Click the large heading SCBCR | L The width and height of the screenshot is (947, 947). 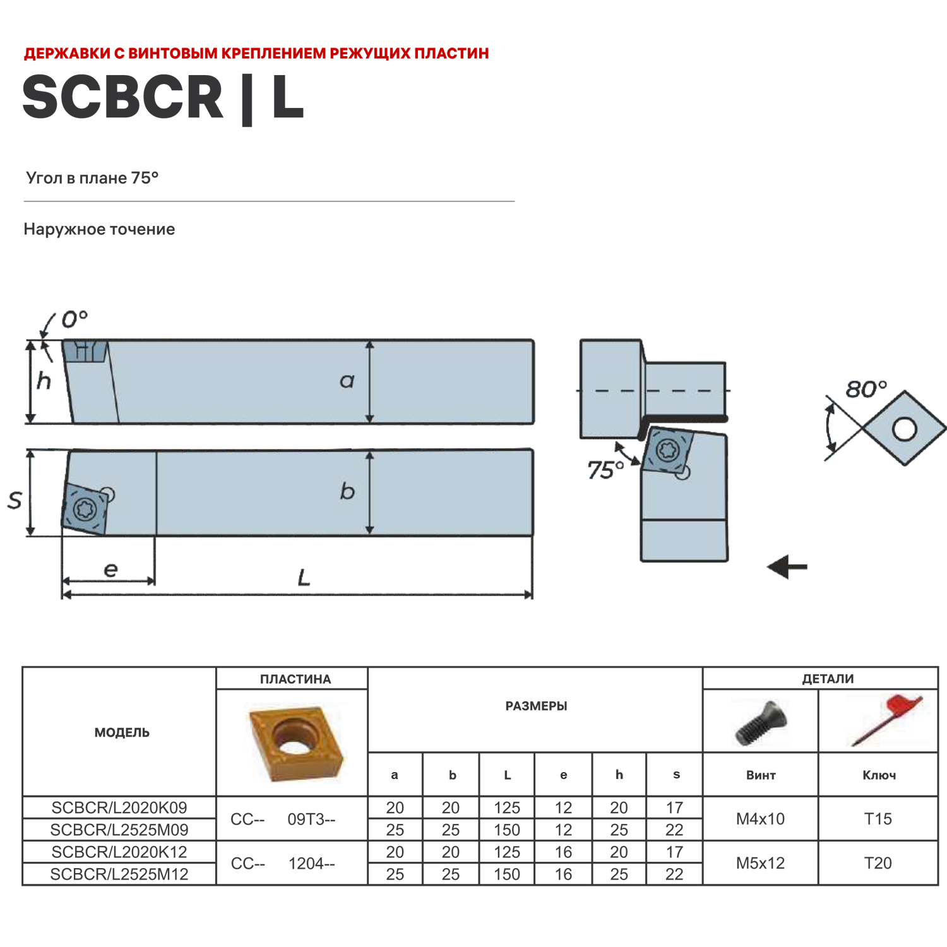coord(163,97)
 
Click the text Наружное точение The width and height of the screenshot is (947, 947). coord(99,229)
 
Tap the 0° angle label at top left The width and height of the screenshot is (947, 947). coord(74,319)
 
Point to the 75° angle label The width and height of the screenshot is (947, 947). coord(605,470)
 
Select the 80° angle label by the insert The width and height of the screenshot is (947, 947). coord(866,389)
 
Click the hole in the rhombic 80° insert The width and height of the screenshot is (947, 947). coord(904,429)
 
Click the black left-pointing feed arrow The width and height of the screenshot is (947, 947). coord(787,566)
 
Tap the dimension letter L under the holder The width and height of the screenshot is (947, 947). coord(304,578)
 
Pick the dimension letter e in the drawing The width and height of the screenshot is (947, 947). coord(110,570)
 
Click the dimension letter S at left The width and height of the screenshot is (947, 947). coord(15,500)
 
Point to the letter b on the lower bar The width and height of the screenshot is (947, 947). coord(347,491)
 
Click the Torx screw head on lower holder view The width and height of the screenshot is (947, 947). coord(85,509)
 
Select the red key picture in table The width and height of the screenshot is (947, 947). coord(884,720)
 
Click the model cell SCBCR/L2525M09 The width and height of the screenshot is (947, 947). coord(119,830)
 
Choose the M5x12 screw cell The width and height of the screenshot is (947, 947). coord(760,863)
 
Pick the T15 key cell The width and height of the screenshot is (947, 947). coord(878,819)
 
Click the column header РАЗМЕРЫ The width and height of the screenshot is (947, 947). coord(536,706)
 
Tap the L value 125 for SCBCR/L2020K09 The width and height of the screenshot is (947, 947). coord(506,807)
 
